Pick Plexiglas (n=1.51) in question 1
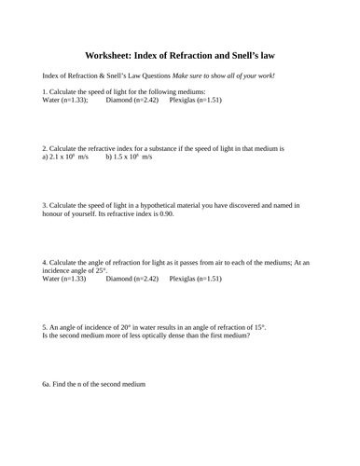pyautogui.click(x=196, y=100)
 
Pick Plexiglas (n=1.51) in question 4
pyautogui.click(x=196, y=279)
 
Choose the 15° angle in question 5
pyautogui.click(x=257, y=327)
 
